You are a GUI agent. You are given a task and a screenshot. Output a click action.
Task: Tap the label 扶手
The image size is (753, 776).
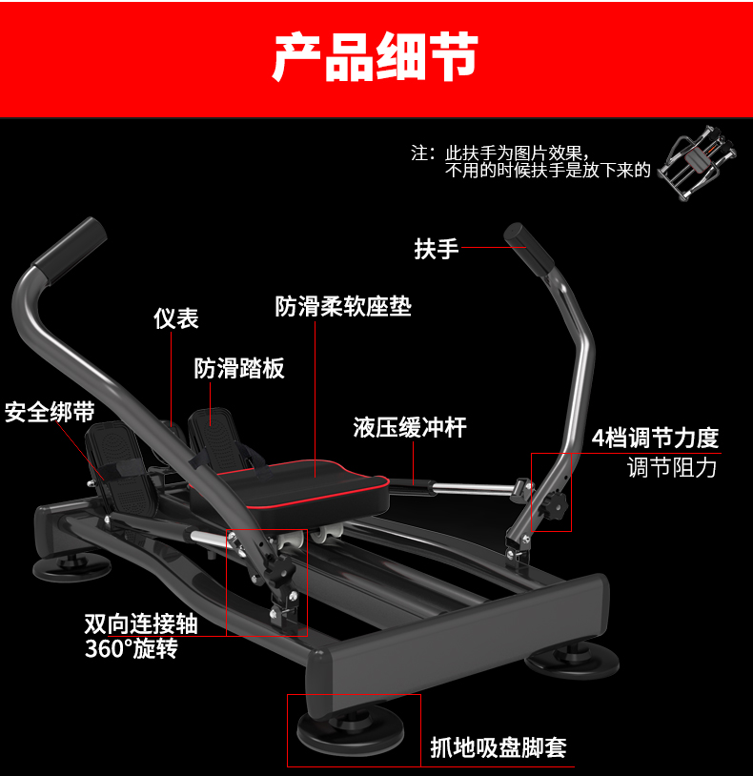[437, 250]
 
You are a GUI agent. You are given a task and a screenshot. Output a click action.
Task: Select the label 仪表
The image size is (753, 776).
[176, 318]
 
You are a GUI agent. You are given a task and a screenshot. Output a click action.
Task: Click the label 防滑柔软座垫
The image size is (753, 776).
[343, 306]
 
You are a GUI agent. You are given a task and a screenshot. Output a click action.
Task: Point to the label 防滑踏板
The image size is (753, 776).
[239, 368]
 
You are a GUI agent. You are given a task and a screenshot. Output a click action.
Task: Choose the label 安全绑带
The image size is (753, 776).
[50, 412]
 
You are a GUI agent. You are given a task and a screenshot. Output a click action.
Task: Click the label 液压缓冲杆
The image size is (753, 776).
[410, 427]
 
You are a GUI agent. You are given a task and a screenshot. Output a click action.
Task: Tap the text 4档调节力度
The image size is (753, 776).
[655, 438]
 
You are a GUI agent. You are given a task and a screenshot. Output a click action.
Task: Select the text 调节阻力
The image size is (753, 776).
[672, 467]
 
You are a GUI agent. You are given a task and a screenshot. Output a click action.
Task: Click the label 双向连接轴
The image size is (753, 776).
[141, 623]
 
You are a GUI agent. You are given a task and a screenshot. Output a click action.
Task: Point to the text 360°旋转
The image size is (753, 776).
[131, 649]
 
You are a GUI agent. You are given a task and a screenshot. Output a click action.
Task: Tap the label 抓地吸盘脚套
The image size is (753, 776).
[499, 748]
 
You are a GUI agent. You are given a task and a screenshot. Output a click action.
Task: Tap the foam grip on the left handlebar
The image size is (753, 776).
[69, 244]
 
